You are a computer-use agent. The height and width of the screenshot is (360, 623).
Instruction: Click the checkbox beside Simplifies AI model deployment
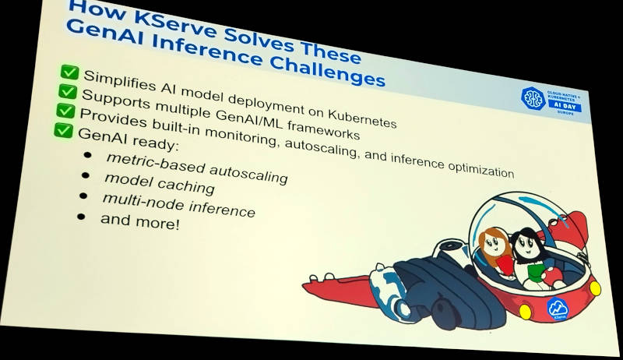(69, 74)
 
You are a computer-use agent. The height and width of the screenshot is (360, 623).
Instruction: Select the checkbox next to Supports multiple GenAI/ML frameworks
(67, 93)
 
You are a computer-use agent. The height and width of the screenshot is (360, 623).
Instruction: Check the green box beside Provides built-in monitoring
(65, 111)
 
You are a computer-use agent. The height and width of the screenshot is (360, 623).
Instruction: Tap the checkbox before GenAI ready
(62, 129)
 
